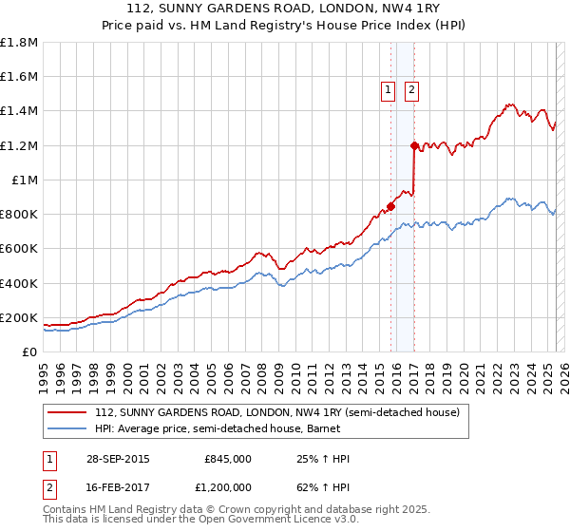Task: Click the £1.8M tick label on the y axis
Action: pyautogui.click(x=19, y=43)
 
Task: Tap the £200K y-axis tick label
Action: pyautogui.click(x=19, y=318)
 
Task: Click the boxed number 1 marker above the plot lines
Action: pyautogui.click(x=389, y=90)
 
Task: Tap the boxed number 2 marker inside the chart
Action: pyautogui.click(x=412, y=90)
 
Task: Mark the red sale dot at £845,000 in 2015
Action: pyautogui.click(x=390, y=206)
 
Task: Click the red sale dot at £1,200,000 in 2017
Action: pyautogui.click(x=414, y=145)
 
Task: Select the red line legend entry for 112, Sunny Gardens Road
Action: pyautogui.click(x=276, y=412)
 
